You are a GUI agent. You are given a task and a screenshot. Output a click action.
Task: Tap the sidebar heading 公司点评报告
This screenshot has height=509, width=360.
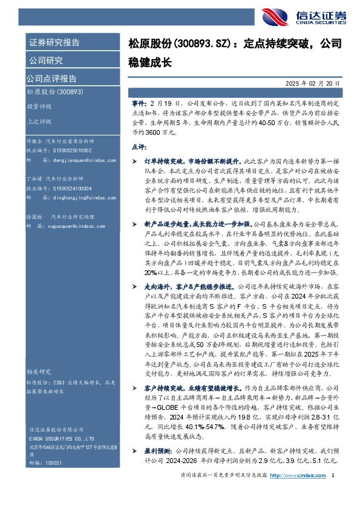click(51, 78)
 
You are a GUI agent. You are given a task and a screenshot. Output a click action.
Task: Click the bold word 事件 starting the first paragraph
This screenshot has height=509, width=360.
click(139, 96)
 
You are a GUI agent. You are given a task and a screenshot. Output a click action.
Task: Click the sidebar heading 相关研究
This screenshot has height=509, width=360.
click(39, 371)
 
